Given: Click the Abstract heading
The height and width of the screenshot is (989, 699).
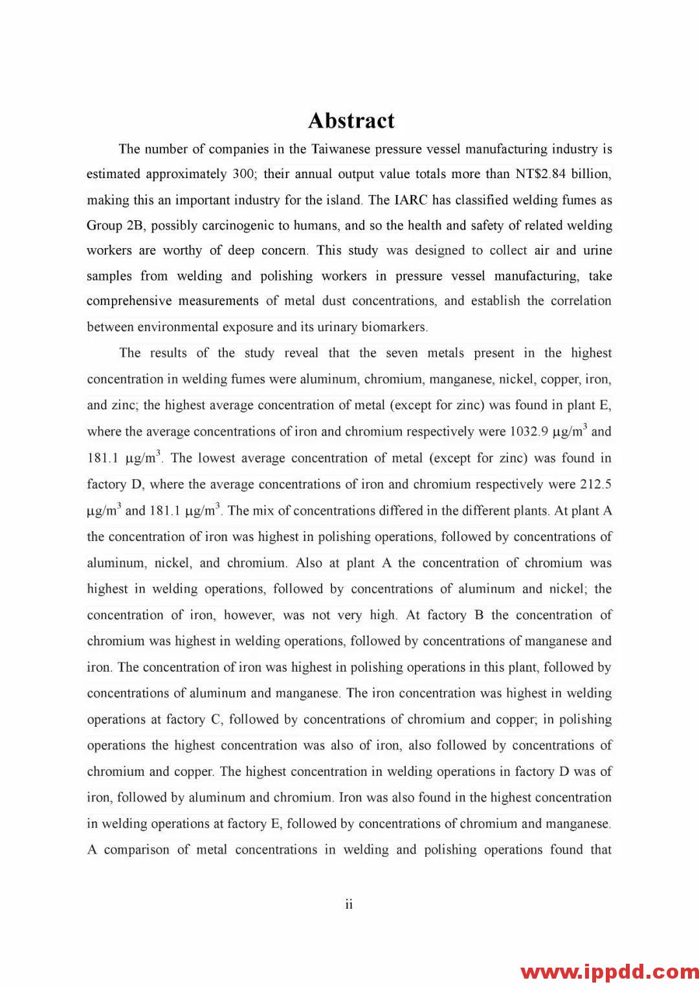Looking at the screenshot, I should (x=351, y=120).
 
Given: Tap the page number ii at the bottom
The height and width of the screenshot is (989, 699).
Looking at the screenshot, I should (x=349, y=904).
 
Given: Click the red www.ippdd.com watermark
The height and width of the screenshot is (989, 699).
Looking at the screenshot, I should (x=609, y=972).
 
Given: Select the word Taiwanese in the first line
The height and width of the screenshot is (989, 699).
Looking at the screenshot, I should (x=341, y=149).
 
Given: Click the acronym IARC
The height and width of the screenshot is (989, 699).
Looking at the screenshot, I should (x=411, y=200).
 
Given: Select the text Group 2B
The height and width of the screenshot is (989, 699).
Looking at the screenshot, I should (x=114, y=225).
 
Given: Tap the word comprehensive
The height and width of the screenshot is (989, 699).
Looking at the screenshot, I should (x=129, y=301).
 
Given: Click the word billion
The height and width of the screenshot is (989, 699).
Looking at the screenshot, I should (x=590, y=174).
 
